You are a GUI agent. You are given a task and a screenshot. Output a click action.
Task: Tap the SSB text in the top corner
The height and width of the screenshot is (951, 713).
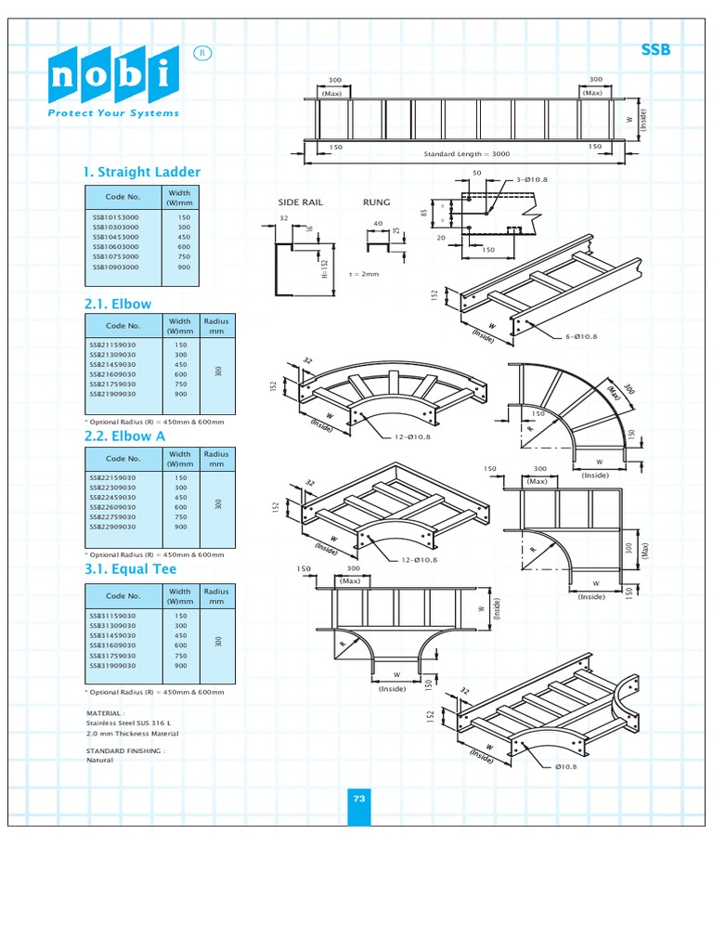655,50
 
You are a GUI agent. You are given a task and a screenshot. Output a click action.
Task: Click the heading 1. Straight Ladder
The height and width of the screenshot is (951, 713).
142,172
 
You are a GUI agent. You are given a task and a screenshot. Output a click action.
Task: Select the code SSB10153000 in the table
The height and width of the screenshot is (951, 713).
116,217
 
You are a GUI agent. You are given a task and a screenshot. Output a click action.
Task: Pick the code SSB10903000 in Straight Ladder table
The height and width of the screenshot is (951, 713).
116,267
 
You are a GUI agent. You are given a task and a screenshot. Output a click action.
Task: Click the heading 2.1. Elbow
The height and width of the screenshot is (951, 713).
118,304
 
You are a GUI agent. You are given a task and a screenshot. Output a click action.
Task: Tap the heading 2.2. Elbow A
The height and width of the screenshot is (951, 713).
125,436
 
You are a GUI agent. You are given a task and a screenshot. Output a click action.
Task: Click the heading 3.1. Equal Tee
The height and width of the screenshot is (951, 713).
130,568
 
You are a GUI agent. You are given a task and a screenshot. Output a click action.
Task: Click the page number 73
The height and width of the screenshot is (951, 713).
359,799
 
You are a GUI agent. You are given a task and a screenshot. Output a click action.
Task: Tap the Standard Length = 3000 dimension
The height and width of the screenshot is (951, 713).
467,154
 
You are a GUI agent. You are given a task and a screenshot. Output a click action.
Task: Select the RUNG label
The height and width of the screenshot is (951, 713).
376,202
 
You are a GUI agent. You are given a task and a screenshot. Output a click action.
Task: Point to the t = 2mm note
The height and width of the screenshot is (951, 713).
364,274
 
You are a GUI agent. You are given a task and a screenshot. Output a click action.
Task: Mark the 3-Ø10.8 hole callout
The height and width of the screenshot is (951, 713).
528,178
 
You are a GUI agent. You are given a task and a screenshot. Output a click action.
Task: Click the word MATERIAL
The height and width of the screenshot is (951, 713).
104,714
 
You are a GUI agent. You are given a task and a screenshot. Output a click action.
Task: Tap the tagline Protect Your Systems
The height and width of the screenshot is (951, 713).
113,113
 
